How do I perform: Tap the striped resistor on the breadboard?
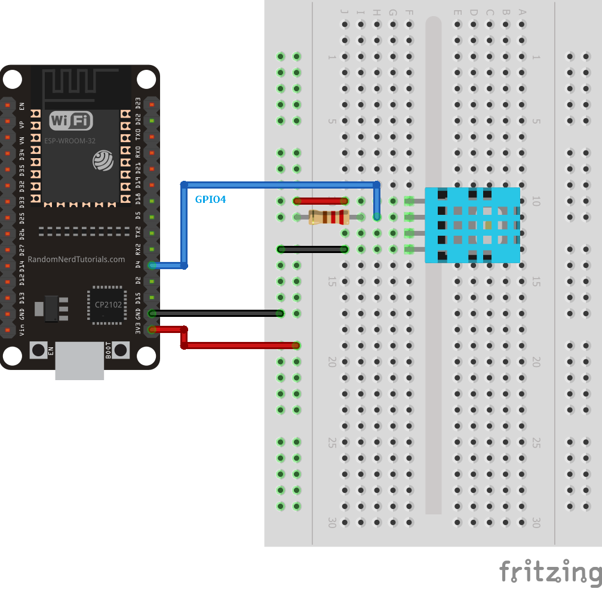(x=328, y=217)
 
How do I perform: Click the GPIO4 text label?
(x=210, y=199)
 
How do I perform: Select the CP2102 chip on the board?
(x=108, y=306)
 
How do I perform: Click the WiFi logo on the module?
(x=71, y=121)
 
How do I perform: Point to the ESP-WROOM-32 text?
(x=70, y=141)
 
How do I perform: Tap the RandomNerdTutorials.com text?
(x=76, y=260)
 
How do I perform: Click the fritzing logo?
(x=549, y=572)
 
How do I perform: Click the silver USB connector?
(x=79, y=360)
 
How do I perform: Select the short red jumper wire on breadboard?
(x=321, y=201)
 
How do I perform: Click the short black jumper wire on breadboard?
(x=312, y=249)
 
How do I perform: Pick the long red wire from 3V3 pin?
(x=239, y=345)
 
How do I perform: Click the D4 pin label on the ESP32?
(x=137, y=265)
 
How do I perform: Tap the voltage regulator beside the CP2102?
(x=51, y=309)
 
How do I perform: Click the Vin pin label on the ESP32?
(x=23, y=329)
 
